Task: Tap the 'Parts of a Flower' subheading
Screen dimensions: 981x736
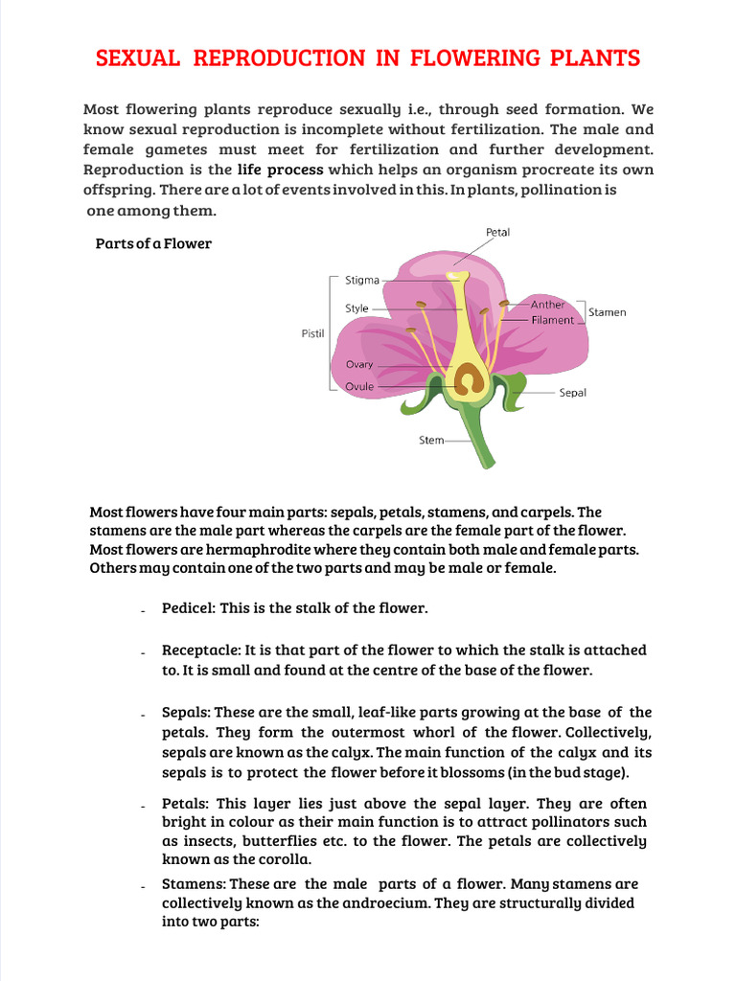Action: coord(153,243)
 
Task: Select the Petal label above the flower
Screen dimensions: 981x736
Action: coord(497,232)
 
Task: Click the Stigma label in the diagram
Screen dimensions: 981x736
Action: coord(362,281)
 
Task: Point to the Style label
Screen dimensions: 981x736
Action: coord(356,308)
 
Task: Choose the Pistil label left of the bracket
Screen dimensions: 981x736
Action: coord(313,333)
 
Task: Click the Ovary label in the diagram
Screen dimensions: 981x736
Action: coord(359,364)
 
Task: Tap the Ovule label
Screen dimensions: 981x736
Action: coord(359,387)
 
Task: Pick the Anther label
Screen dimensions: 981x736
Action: coord(548,305)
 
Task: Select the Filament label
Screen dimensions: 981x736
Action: coord(553,320)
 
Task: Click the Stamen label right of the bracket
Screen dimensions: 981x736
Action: coord(607,312)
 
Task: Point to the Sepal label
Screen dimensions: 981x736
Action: coord(573,392)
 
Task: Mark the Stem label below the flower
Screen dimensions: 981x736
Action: coord(431,441)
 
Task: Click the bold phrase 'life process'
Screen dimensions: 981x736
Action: coord(280,170)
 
